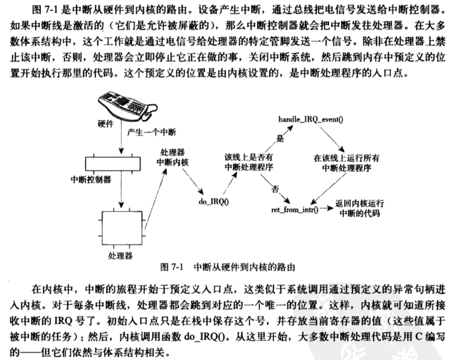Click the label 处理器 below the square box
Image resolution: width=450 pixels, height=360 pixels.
tap(120, 256)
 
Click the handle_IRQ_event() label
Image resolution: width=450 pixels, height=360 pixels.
tap(307, 119)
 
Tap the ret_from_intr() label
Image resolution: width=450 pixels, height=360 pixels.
tap(295, 209)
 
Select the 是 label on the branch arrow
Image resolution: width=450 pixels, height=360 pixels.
tap(280, 139)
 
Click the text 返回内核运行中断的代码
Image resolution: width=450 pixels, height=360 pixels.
tap(360, 208)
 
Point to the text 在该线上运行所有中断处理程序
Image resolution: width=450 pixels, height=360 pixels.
tap(346, 162)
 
